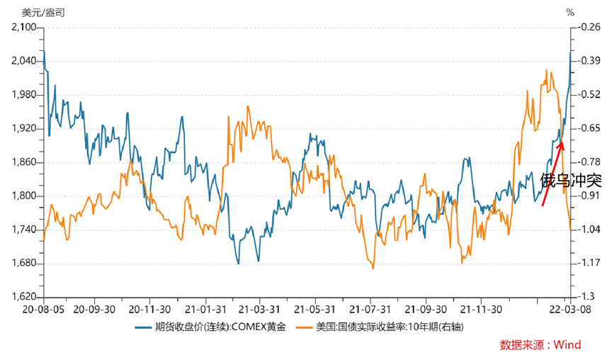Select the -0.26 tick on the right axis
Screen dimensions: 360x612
click(589, 27)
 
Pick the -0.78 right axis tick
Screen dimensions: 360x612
click(589, 162)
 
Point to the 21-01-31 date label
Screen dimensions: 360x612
click(204, 309)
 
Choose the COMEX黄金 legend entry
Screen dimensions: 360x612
click(210, 327)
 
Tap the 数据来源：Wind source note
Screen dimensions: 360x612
click(540, 345)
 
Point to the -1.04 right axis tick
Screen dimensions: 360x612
click(589, 230)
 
